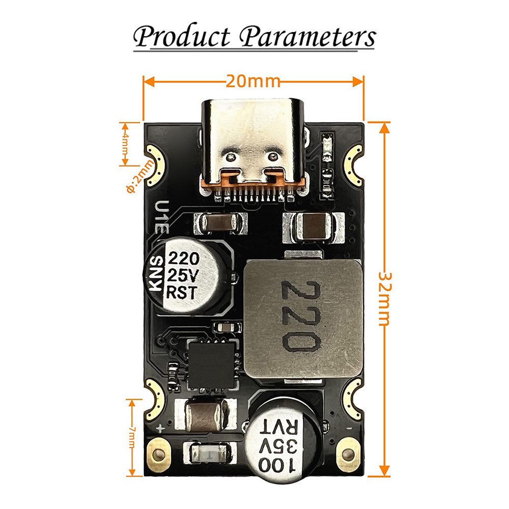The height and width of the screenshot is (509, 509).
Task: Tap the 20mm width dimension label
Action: coord(253,81)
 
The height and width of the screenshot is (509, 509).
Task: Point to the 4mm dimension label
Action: coord(125,144)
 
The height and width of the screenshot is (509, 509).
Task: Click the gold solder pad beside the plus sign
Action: coord(159,452)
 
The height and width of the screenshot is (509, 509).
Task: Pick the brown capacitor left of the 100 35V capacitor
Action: coord(206,414)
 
